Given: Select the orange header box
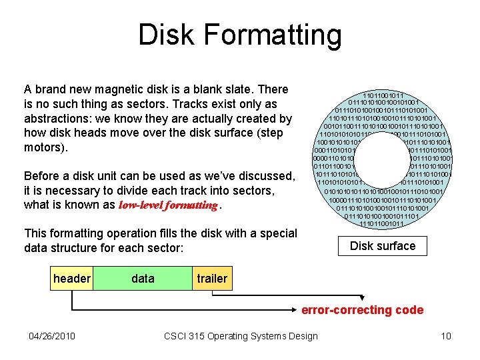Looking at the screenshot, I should pos(71,279).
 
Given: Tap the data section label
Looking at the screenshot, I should pos(143,279).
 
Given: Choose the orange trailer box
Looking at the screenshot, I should pos(211,279).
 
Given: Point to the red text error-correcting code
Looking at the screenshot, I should pos(362,310).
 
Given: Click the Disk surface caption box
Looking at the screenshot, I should pos(382,246).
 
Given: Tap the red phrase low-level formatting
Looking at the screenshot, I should pos(168,205).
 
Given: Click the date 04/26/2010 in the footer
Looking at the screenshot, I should pos(52,335).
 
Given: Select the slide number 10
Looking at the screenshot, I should pos(446,335).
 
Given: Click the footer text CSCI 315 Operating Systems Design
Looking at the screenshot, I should pos(241,335).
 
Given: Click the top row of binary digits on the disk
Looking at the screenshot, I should pos(382,96).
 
